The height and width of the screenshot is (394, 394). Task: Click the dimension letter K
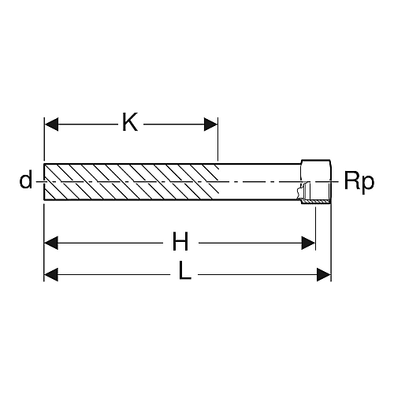[x=130, y=122]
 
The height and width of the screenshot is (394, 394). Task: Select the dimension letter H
[x=180, y=241]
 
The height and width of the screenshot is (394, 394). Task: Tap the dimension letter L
[x=184, y=270]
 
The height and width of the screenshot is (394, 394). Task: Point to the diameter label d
[x=26, y=179]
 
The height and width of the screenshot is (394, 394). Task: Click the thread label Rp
[x=359, y=182]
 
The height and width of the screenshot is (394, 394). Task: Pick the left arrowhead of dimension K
[x=51, y=125]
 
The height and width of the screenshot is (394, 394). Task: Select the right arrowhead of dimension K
[x=211, y=125]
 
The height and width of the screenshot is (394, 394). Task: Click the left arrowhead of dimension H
[x=51, y=243]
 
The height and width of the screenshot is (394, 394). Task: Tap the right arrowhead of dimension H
[x=308, y=243]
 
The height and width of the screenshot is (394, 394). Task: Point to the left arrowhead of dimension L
[x=51, y=275]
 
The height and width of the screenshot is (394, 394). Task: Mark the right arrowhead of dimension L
[x=324, y=275]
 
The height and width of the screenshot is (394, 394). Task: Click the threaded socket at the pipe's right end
[x=316, y=181]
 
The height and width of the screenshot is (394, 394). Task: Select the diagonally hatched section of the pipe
[x=132, y=182]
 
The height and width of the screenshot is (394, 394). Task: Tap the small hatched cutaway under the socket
[x=315, y=201]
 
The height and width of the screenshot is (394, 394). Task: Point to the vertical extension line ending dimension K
[x=217, y=139]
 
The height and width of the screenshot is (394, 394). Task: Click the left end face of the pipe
[x=44, y=182]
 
